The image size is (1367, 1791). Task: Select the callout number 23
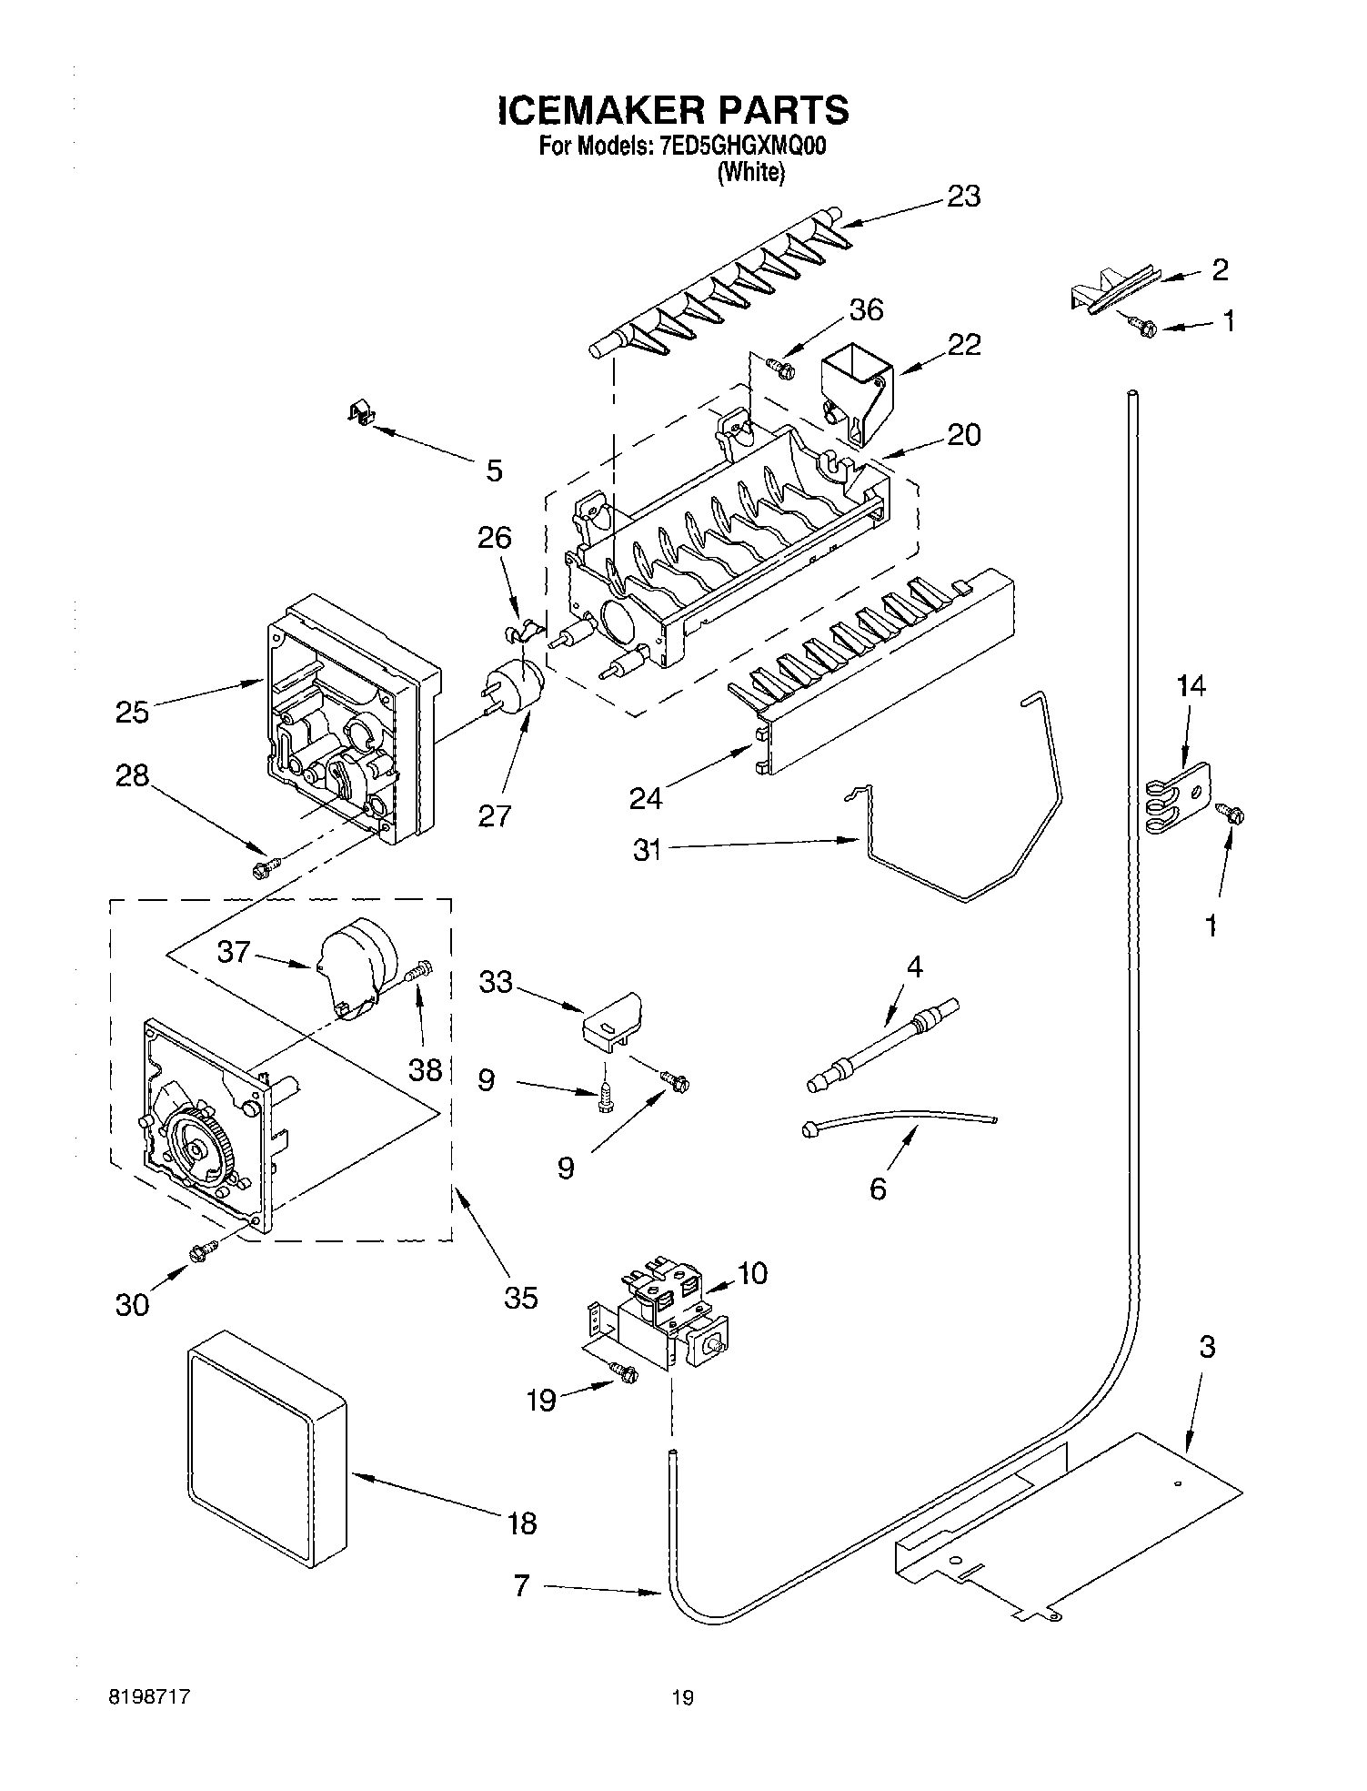point(963,197)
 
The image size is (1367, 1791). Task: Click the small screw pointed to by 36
point(781,368)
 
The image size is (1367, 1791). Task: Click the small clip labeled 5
point(363,414)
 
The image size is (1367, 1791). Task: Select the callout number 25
point(133,712)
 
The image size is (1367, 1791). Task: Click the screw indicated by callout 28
point(265,868)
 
